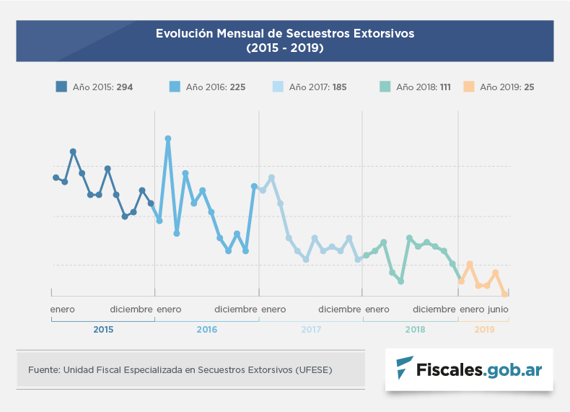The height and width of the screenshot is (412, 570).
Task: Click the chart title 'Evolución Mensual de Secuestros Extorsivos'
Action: [x=285, y=34]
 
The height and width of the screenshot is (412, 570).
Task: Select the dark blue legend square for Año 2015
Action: [x=61, y=87]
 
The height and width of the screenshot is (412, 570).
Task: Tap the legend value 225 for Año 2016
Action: [x=237, y=87]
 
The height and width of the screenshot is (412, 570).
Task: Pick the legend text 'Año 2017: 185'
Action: [x=317, y=87]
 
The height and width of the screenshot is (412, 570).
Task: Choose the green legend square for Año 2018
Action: [x=385, y=87]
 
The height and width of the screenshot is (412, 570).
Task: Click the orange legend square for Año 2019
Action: [x=468, y=87]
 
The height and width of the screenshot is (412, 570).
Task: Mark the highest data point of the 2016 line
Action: [x=168, y=139]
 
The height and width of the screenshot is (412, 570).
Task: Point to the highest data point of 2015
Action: [x=73, y=152]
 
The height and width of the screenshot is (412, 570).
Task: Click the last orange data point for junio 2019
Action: [x=504, y=294]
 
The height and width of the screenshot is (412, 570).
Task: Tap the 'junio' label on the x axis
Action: [x=498, y=310]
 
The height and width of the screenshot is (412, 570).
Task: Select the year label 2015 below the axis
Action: [x=103, y=330]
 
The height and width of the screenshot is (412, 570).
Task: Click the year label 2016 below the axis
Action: [x=207, y=330]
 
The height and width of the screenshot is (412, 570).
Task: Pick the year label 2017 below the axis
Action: [x=311, y=330]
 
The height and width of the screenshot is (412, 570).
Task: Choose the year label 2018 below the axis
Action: [x=415, y=330]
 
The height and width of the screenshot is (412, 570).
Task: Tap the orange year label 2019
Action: [x=484, y=330]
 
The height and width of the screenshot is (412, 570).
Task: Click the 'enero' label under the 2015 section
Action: [x=63, y=310]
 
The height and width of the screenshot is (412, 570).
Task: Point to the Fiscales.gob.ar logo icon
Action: [x=405, y=369]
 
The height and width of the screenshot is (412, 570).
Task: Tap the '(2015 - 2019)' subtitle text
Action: [x=285, y=49]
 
